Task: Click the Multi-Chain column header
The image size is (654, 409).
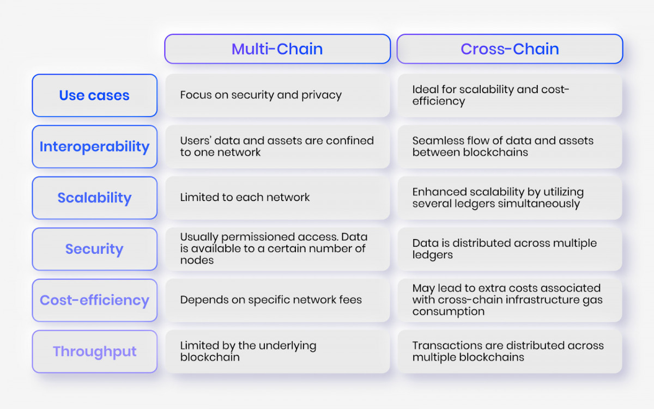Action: [x=277, y=48]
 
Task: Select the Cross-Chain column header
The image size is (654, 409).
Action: [x=510, y=48]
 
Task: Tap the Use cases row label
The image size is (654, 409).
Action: [x=95, y=95]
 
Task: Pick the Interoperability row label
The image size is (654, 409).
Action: [x=95, y=146]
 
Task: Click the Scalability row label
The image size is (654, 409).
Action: [x=95, y=198]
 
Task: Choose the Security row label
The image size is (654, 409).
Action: [x=95, y=249]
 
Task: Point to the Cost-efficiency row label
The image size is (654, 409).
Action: [x=95, y=300]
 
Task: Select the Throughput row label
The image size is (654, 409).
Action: [x=95, y=351]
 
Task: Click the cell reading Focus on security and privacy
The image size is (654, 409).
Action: [x=277, y=95]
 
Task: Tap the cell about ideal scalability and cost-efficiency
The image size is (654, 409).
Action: [x=510, y=95]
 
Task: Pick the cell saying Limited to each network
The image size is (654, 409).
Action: [x=277, y=198]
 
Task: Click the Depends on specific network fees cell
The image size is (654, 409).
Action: [x=277, y=300]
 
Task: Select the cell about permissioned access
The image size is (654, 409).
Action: [x=277, y=249]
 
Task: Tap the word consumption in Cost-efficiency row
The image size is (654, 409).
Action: [x=449, y=312]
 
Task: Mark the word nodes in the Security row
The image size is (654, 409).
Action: [x=197, y=260]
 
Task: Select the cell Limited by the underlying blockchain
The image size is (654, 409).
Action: [x=277, y=351]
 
